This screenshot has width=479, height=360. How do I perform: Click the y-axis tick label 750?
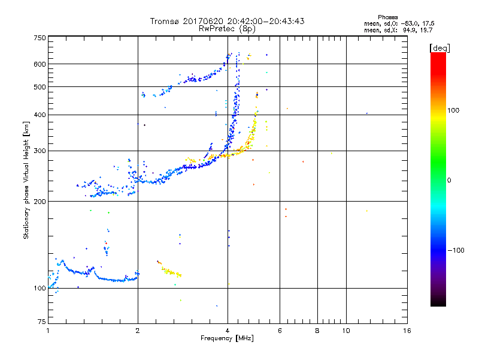(40, 38)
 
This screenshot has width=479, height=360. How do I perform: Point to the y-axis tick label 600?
(40, 64)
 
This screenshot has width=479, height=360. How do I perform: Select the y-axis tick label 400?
(40, 115)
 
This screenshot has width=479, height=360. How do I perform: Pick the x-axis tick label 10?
(345, 331)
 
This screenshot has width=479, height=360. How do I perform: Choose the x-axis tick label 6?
(280, 331)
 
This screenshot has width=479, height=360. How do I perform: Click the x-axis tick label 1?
(48, 331)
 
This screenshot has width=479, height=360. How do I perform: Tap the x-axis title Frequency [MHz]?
(227, 338)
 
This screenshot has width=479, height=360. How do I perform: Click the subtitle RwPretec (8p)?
(227, 28)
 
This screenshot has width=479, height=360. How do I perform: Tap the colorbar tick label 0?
(450, 180)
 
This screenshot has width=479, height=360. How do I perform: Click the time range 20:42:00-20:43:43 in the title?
(263, 21)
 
